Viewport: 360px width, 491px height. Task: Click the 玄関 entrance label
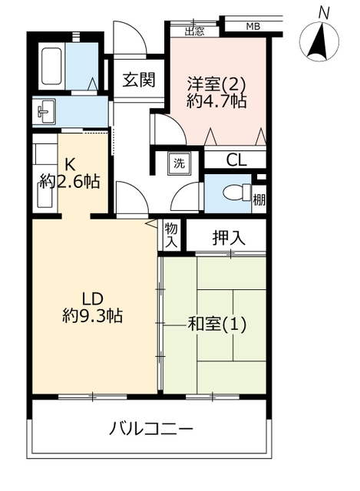click(138, 80)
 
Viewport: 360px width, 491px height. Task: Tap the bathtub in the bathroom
click(51, 66)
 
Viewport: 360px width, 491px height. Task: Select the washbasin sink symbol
click(46, 111)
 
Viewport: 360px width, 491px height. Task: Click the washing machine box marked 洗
click(179, 163)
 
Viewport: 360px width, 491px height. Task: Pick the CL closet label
click(236, 160)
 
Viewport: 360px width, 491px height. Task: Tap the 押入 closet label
click(229, 238)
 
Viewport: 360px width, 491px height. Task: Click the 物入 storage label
click(171, 235)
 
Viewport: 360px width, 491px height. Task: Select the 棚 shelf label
click(259, 199)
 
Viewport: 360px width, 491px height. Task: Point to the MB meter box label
click(253, 27)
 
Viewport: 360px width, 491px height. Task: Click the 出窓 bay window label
click(194, 31)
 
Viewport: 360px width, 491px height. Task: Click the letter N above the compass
click(324, 14)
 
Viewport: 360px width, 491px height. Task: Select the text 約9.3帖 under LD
click(92, 315)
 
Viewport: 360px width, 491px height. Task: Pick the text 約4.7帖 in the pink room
click(216, 101)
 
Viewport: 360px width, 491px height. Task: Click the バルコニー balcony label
click(150, 429)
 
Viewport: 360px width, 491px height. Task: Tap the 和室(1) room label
click(216, 325)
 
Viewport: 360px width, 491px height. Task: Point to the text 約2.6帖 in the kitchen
click(70, 181)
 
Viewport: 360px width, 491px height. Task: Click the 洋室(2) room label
click(216, 84)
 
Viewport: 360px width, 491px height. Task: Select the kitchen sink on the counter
click(45, 196)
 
